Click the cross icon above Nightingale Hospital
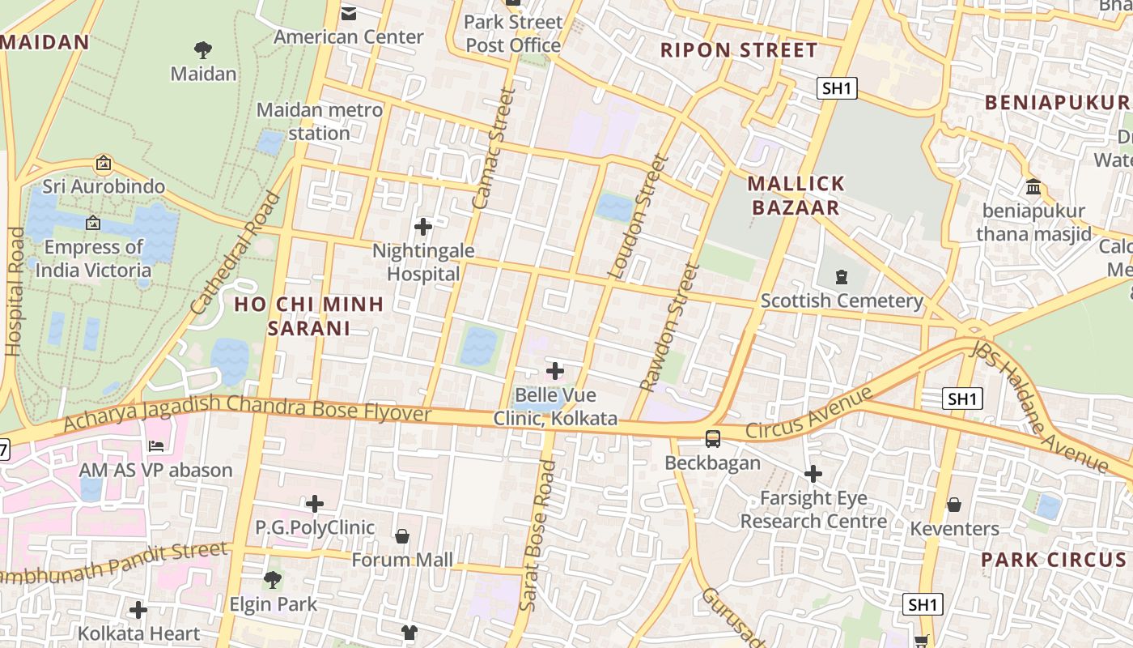tap(422, 227)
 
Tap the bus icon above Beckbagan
tap(712, 438)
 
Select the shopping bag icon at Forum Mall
tap(402, 536)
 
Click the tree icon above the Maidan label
tap(203, 50)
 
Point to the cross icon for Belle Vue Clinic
tap(555, 371)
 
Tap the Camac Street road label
tap(494, 149)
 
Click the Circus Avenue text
tap(809, 413)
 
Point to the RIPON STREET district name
tap(739, 50)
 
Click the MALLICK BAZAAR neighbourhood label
tap(796, 195)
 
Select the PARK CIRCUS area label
tap(1053, 560)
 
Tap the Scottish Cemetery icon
tap(842, 277)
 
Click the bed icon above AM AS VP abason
tap(156, 446)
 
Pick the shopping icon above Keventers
tap(954, 505)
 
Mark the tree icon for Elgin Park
tap(273, 580)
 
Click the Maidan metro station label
tap(320, 121)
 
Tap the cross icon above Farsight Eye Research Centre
tap(813, 473)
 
